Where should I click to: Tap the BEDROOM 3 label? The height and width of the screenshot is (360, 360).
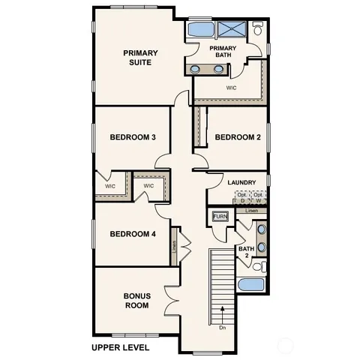coord(133,137)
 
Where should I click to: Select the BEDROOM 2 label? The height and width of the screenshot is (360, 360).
coord(237,137)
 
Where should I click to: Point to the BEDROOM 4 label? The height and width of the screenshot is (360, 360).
coord(133,234)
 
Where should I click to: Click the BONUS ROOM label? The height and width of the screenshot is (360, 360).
coord(136,301)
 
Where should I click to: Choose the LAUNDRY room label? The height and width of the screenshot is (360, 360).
coord(241,182)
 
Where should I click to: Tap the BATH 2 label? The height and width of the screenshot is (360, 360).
coord(245,252)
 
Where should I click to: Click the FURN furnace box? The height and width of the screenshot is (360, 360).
coord(220,217)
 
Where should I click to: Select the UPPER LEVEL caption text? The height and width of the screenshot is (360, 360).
coord(120,348)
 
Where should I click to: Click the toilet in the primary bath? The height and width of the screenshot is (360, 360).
coord(258,30)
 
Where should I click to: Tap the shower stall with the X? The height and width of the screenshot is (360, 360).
coord(233,30)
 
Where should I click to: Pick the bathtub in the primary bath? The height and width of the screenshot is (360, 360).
coord(199,30)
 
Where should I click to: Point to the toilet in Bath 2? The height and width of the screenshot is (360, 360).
coord(259,266)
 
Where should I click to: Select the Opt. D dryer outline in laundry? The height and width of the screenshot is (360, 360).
coord(242,198)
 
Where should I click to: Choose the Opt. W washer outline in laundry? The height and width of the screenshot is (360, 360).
coord(258,198)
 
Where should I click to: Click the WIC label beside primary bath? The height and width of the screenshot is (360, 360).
coord(232,87)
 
